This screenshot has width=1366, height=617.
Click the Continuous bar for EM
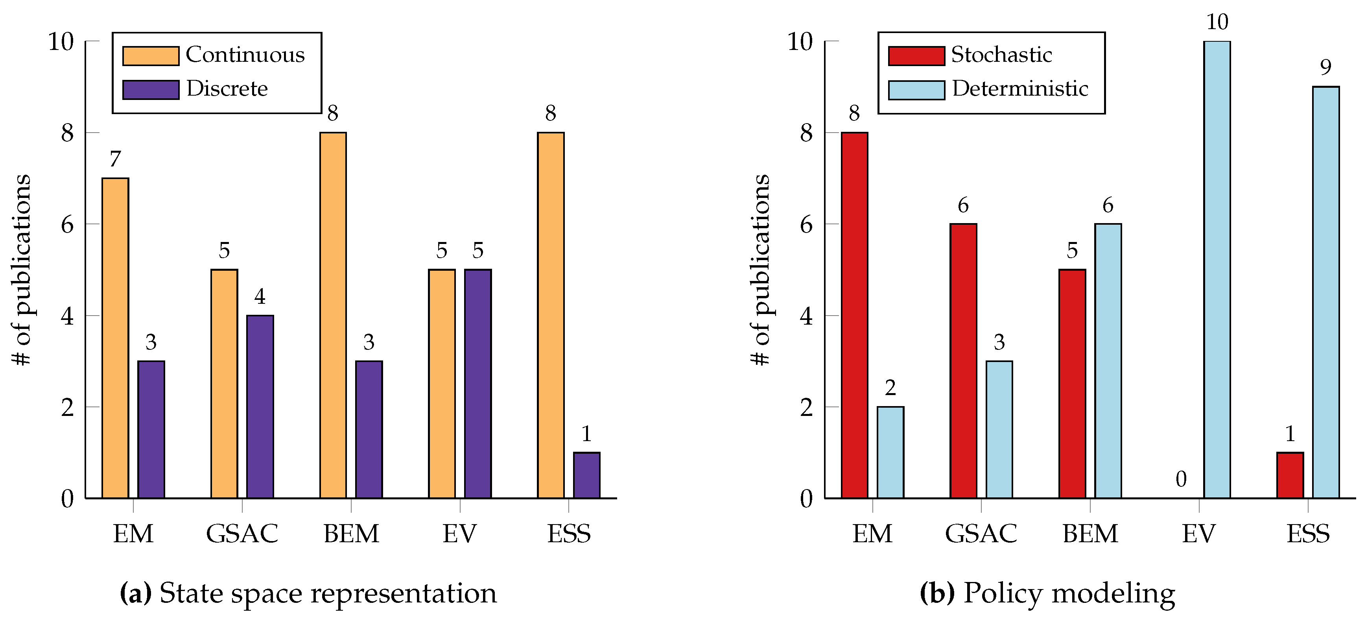[x=115, y=338]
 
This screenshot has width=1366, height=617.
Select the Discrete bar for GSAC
[x=260, y=406]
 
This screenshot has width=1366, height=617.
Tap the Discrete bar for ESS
[x=586, y=475]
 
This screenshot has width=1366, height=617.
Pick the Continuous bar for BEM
[x=333, y=315]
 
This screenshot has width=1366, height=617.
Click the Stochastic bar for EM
[x=854, y=315]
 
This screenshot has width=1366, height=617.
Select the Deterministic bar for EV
[x=1217, y=270]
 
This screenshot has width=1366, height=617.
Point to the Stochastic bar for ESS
[x=1290, y=475]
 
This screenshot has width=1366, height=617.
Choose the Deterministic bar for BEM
[x=1108, y=361]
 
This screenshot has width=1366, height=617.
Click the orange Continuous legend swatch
[x=151, y=56]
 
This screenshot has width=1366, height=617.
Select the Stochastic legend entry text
[x=1001, y=55]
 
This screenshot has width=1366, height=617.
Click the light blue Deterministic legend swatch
[x=916, y=90]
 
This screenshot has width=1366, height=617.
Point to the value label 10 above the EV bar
[x=1217, y=22]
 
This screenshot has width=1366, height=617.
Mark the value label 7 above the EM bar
[x=115, y=159]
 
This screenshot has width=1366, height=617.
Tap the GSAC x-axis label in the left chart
[x=242, y=534]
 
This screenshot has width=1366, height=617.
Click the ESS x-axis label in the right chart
[x=1308, y=534]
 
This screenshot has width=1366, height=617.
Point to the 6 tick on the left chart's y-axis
[x=67, y=224]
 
